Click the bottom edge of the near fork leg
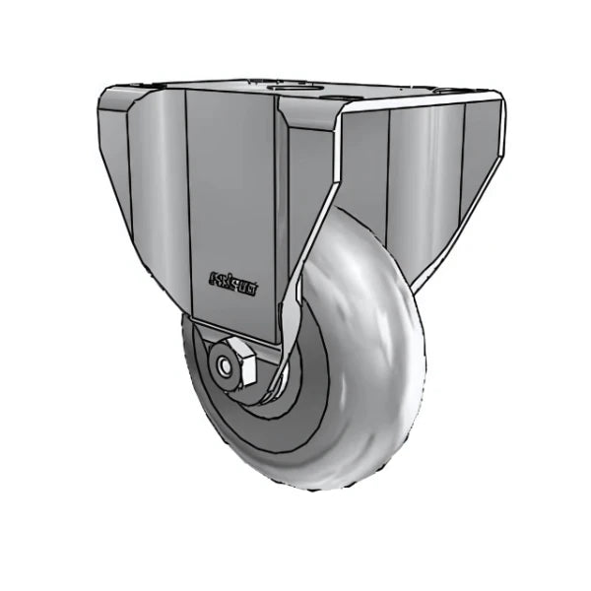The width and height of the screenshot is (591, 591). click(x=236, y=333)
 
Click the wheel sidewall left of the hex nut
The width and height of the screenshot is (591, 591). click(x=197, y=364)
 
